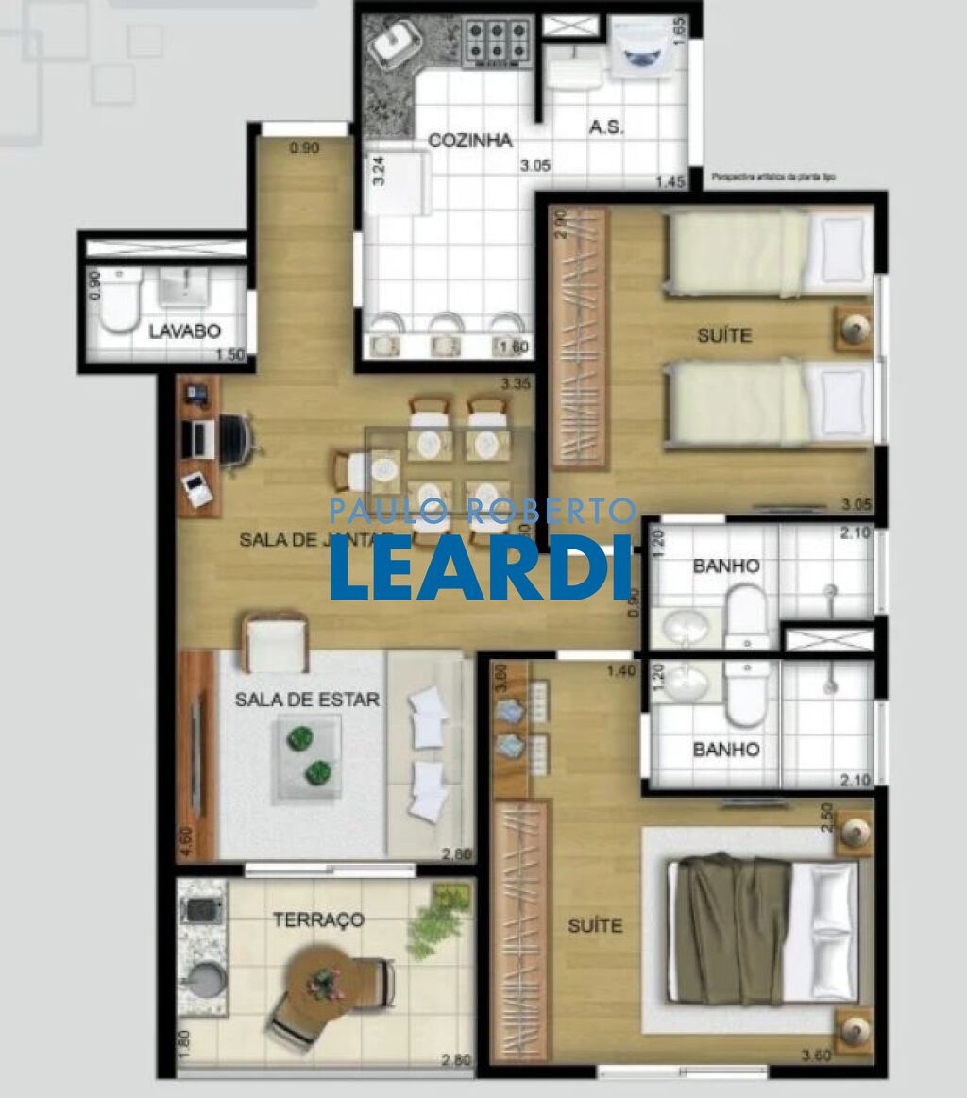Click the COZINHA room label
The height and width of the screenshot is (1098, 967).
click(x=470, y=141)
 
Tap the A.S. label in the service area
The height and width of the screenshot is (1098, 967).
click(x=605, y=127)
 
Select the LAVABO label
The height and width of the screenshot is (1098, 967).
click(x=184, y=330)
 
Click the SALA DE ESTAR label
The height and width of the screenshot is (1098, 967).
click(x=307, y=700)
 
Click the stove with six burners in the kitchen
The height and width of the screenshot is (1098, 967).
click(x=498, y=41)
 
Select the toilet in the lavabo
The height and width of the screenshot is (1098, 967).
click(x=120, y=299)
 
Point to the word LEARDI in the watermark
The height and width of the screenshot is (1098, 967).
click(x=482, y=568)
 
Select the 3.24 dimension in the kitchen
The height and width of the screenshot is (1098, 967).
click(x=378, y=169)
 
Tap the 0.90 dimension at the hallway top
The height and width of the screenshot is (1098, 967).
click(x=304, y=147)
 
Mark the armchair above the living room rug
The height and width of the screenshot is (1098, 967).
click(x=276, y=643)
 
